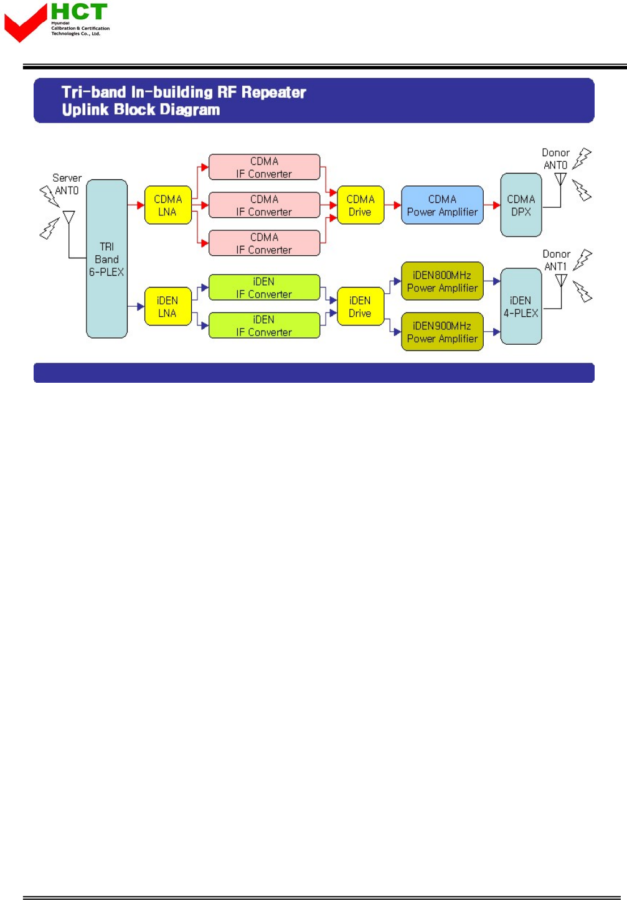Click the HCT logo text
pyautogui.click(x=79, y=12)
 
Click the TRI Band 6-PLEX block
pyautogui.click(x=106, y=259)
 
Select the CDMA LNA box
pyautogui.click(x=167, y=205)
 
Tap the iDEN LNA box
pyautogui.click(x=167, y=306)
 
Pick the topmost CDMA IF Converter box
pyautogui.click(x=264, y=167)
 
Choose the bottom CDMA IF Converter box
pyautogui.click(x=264, y=243)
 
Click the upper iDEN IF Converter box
pyautogui.click(x=264, y=288)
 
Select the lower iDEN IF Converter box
pyautogui.click(x=264, y=326)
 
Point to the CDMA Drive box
pyautogui.click(x=360, y=205)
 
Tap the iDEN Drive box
pyautogui.click(x=360, y=306)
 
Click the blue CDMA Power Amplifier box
pyautogui.click(x=442, y=205)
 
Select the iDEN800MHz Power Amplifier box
pyautogui.click(x=442, y=281)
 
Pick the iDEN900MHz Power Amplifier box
pyautogui.click(x=442, y=332)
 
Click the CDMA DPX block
pyautogui.click(x=521, y=205)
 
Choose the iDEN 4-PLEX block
pyautogui.click(x=521, y=306)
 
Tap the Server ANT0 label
pyautogui.click(x=67, y=184)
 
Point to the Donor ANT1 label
pyautogui.click(x=556, y=260)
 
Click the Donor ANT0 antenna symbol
pyautogui.click(x=560, y=179)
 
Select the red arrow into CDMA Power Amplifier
pyautogui.click(x=397, y=205)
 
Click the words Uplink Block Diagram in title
pyautogui.click(x=141, y=110)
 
